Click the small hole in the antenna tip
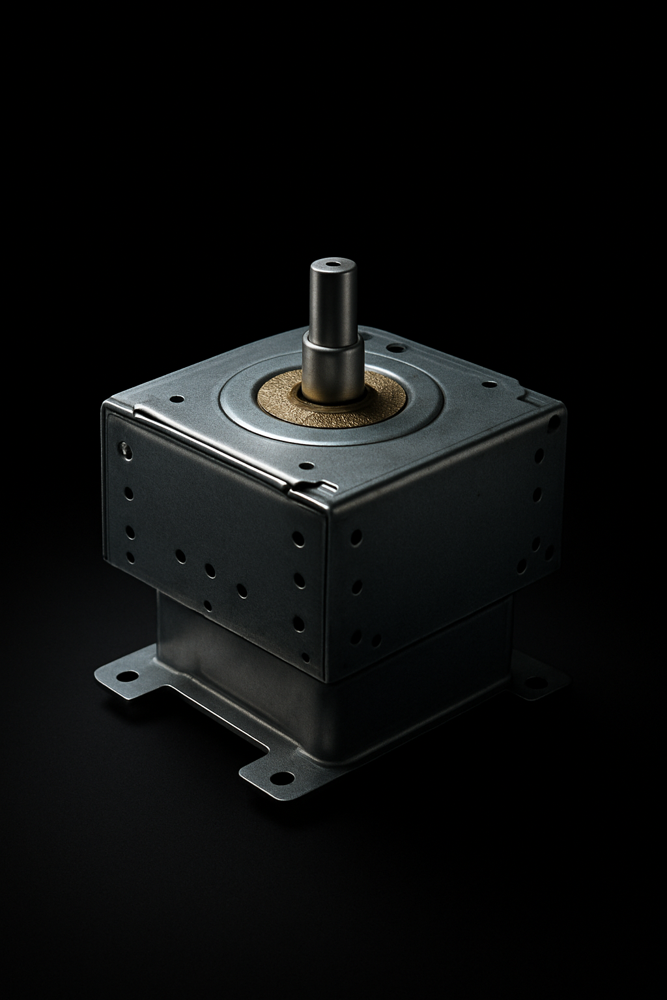pyautogui.click(x=333, y=265)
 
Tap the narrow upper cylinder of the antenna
pyautogui.click(x=333, y=296)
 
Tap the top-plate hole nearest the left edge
pyautogui.click(x=175, y=398)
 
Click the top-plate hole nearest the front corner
pyautogui.click(x=305, y=466)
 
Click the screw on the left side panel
pyautogui.click(x=123, y=447)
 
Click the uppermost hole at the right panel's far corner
pyautogui.click(x=554, y=423)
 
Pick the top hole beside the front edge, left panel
pyautogui.click(x=297, y=538)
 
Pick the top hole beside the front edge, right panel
pyautogui.click(x=356, y=537)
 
